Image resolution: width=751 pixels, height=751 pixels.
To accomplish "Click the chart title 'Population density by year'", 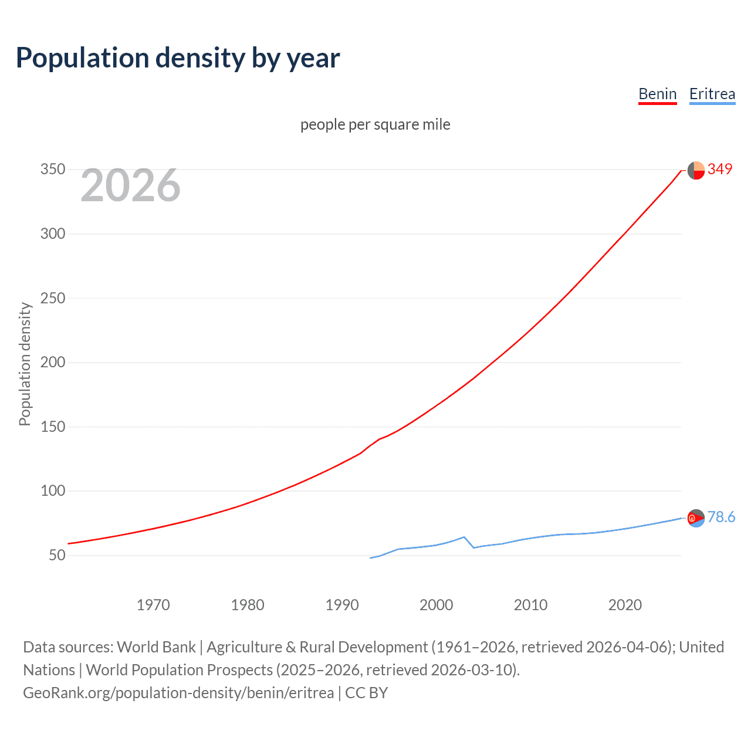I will coord(178,58).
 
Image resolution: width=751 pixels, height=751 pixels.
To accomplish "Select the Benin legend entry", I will coord(657,94).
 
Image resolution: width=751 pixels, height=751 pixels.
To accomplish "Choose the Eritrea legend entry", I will coord(712,94).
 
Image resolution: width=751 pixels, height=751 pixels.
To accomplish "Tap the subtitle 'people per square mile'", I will coord(375,124).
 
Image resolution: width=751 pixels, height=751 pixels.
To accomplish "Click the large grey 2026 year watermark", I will coord(130,185).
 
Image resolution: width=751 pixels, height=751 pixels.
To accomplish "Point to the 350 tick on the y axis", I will coord(53,170).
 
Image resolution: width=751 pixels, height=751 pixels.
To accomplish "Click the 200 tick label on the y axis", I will coord(53,362).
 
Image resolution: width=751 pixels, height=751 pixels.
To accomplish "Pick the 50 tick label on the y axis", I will coord(57,555).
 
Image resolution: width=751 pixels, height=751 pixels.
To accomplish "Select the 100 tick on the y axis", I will coord(53,490).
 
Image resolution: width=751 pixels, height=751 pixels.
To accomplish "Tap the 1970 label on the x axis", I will coord(153,605).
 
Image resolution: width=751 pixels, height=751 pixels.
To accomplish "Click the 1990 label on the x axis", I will coord(342,605).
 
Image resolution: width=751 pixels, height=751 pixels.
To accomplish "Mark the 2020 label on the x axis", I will coord(625,605).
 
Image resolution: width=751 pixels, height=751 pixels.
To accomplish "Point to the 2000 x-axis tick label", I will coord(436,605).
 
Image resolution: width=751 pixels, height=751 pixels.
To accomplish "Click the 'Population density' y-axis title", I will coord(25,364).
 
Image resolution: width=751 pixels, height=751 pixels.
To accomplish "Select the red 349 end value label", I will coord(719,169).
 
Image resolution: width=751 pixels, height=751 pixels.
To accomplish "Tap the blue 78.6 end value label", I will coord(721,517).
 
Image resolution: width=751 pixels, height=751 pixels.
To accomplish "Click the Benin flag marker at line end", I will coord(696,170).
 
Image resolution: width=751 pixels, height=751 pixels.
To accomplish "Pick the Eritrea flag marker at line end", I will coord(696,518).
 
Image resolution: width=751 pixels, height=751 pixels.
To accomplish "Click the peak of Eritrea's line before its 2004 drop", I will coord(464,537).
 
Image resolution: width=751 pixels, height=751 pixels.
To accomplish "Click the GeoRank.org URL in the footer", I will coord(178,693).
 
